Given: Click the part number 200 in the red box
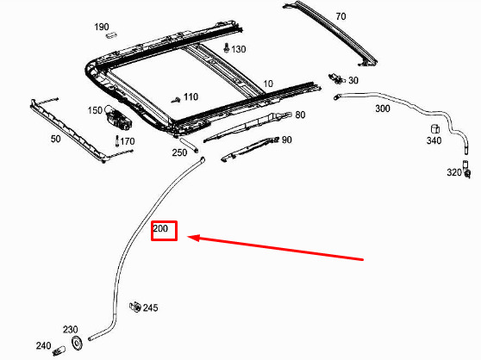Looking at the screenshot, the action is (160, 228).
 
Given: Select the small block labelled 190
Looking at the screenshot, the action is (111, 35).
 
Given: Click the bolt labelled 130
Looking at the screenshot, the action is (227, 47).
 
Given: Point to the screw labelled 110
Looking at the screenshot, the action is (176, 100).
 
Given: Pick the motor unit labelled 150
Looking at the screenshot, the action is (118, 118).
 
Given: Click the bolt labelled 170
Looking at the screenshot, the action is (117, 141).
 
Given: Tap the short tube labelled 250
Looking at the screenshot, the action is (189, 145).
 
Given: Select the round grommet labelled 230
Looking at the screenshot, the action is (77, 343).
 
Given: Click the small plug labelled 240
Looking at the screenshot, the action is (59, 351).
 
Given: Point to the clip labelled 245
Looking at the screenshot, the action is (135, 307).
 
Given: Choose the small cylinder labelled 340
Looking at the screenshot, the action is (435, 128).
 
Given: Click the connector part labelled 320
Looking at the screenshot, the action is (466, 169).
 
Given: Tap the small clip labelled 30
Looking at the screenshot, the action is (336, 78).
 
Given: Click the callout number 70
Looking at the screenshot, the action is (340, 16).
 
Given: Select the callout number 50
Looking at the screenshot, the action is (55, 139).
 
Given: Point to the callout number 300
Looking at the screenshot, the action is (383, 109).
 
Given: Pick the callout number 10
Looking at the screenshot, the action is (268, 84).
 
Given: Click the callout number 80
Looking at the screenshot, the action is (300, 115).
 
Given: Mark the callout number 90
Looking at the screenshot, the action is (286, 140).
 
